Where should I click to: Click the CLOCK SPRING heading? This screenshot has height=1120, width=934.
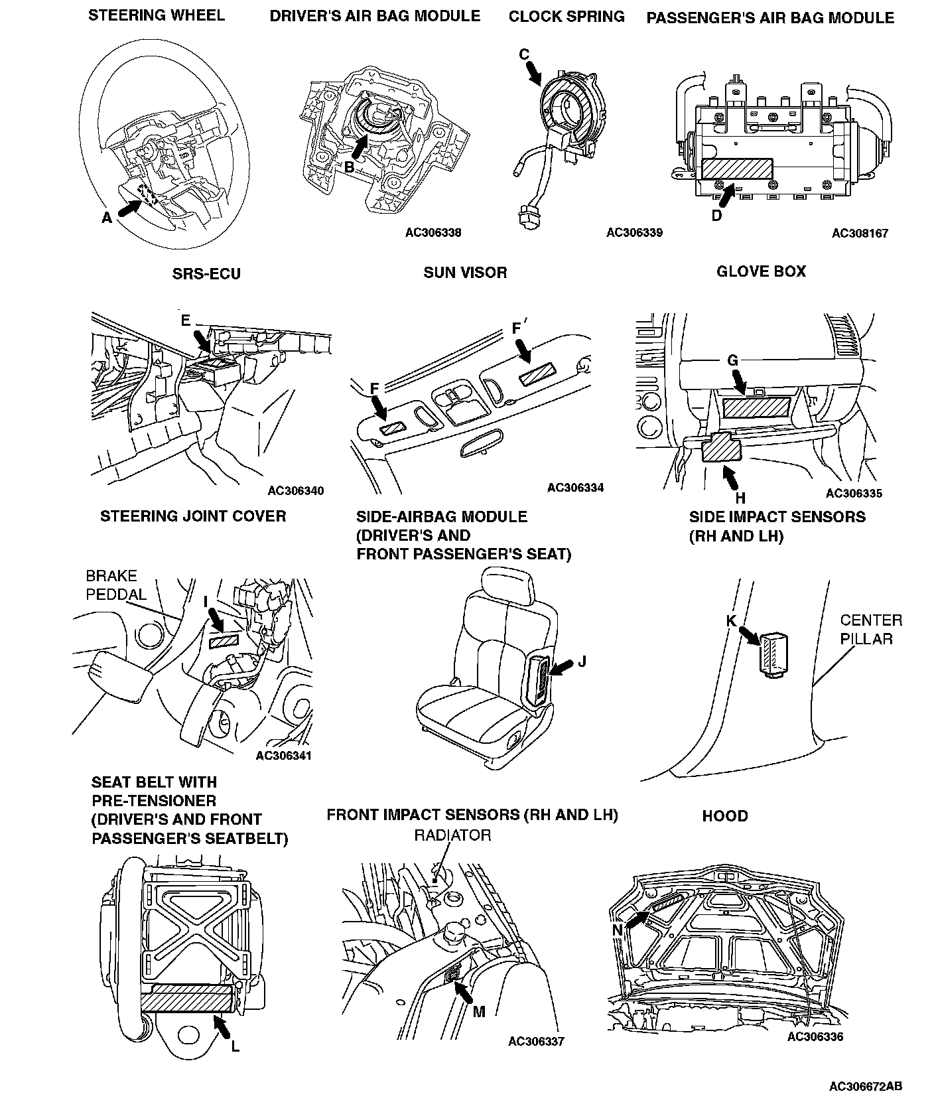click(x=567, y=17)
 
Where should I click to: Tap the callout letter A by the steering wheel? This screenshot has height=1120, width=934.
click(x=107, y=217)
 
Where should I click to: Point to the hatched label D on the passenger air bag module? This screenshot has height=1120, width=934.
click(x=737, y=169)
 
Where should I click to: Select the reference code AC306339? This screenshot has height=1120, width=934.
click(x=634, y=233)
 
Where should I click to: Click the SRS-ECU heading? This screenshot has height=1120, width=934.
click(x=206, y=274)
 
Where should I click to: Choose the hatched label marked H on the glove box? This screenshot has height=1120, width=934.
click(x=722, y=447)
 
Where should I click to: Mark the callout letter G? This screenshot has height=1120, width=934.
click(x=732, y=360)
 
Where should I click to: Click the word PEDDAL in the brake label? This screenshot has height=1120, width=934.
click(x=117, y=594)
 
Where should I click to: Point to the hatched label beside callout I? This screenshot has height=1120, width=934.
click(x=224, y=641)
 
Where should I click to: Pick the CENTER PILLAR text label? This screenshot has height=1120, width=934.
click(x=871, y=630)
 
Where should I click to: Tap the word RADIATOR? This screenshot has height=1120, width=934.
click(x=452, y=835)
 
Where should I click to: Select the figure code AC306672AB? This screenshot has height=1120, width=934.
click(x=865, y=1087)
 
